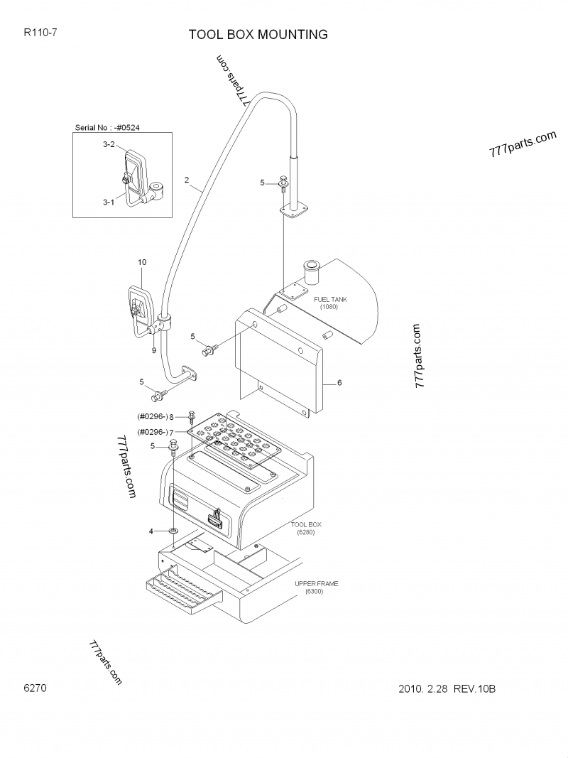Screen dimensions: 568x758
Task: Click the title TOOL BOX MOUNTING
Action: pyautogui.click(x=258, y=35)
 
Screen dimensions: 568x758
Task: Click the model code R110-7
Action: pyautogui.click(x=40, y=33)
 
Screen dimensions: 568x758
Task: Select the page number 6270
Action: pyautogui.click(x=35, y=688)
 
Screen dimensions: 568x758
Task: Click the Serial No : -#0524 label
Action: pyautogui.click(x=107, y=128)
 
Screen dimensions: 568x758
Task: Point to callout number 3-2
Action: pyautogui.click(x=109, y=144)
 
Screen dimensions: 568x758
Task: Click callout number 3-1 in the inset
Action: pyautogui.click(x=109, y=202)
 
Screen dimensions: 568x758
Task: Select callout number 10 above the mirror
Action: pyautogui.click(x=142, y=262)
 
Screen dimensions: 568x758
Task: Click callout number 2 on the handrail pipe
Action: pyautogui.click(x=187, y=180)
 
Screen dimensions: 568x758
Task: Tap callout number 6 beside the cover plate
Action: pyautogui.click(x=339, y=382)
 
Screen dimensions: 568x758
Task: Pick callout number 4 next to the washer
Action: pyautogui.click(x=151, y=531)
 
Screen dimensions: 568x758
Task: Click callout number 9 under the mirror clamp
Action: pyautogui.click(x=153, y=350)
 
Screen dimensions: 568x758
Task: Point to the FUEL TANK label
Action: pyautogui.click(x=330, y=299)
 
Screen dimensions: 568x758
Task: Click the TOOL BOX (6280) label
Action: pyautogui.click(x=306, y=529)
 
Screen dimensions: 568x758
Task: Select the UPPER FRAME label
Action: pyautogui.click(x=317, y=583)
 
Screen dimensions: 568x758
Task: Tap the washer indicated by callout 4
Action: pyautogui.click(x=173, y=531)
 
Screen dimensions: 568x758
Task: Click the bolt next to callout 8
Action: pyautogui.click(x=192, y=418)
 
